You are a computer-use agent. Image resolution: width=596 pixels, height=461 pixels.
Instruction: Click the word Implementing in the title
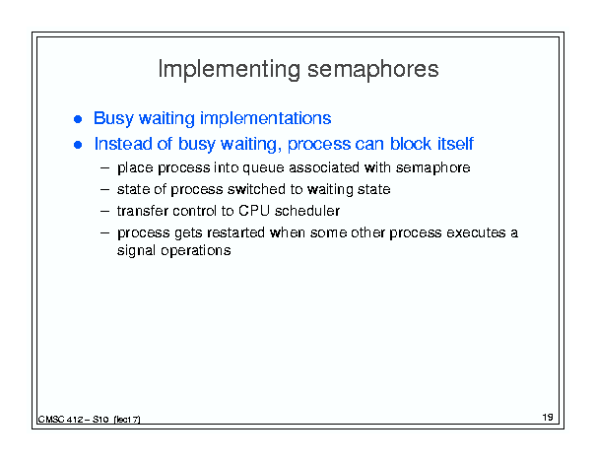[230, 70]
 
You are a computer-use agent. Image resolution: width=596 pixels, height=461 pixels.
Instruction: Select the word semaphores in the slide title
[373, 69]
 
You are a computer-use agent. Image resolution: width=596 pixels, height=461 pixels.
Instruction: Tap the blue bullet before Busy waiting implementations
[78, 119]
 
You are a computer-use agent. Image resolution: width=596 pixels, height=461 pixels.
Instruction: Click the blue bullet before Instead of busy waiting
[78, 145]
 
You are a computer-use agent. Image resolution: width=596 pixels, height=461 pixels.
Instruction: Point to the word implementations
[265, 118]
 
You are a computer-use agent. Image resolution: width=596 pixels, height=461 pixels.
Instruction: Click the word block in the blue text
[411, 144]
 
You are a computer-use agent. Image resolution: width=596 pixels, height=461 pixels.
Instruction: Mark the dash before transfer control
[104, 211]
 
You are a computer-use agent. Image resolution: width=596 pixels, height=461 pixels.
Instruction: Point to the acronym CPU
[254, 211]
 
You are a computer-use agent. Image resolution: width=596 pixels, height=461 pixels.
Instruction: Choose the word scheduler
[307, 211]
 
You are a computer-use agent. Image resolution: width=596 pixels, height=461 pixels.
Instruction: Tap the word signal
[137, 251]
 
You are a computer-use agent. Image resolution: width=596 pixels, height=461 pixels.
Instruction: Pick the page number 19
[548, 418]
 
